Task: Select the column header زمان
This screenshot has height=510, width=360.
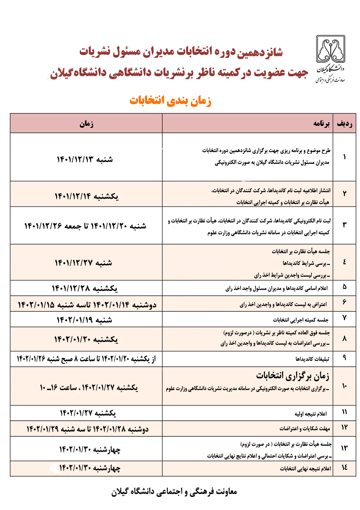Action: tap(86, 124)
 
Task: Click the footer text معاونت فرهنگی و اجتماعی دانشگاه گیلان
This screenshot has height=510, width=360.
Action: tap(171, 491)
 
